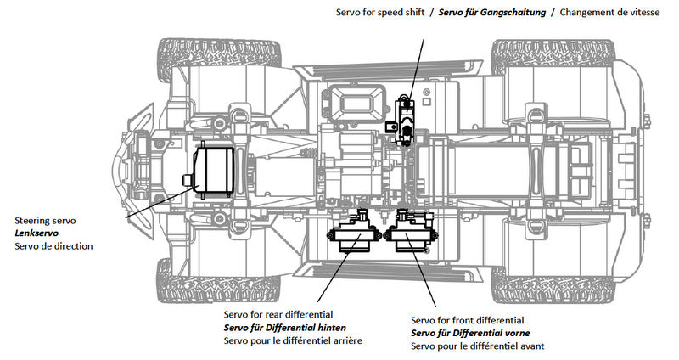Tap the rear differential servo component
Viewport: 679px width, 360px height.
pyautogui.click(x=357, y=233)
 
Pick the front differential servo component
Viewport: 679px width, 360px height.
pyautogui.click(x=412, y=233)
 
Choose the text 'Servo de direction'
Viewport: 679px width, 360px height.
pyautogui.click(x=54, y=246)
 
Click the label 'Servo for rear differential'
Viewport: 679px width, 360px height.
pyautogui.click(x=278, y=314)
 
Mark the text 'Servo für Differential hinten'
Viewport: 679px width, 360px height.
pyautogui.click(x=284, y=328)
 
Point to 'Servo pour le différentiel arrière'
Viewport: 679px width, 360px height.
pyautogui.click(x=293, y=341)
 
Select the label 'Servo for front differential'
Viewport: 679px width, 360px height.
pyautogui.click(x=467, y=320)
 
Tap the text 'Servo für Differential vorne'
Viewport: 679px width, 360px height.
pyautogui.click(x=470, y=334)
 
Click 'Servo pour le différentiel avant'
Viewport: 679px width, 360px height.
pyautogui.click(x=477, y=347)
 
